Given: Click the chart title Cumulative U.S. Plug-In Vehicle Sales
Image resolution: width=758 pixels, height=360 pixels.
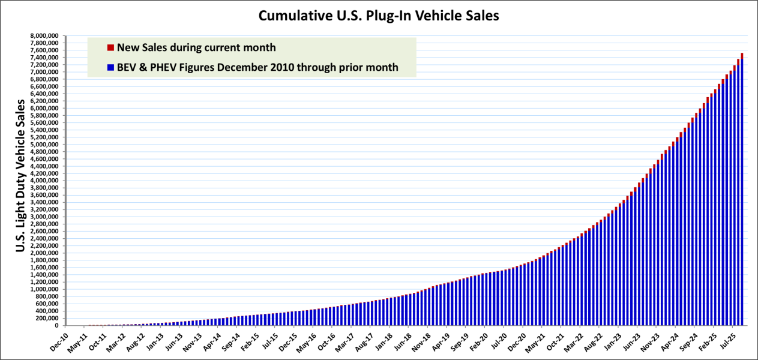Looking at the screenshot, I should (x=379, y=16).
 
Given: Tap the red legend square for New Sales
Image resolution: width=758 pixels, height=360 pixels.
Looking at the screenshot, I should (x=110, y=47).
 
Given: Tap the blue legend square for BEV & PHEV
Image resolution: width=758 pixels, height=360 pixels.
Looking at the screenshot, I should (x=110, y=68).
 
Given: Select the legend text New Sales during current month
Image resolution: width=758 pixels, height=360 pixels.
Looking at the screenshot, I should (x=196, y=47).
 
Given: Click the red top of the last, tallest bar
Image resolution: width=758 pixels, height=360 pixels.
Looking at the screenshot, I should (x=742, y=56).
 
